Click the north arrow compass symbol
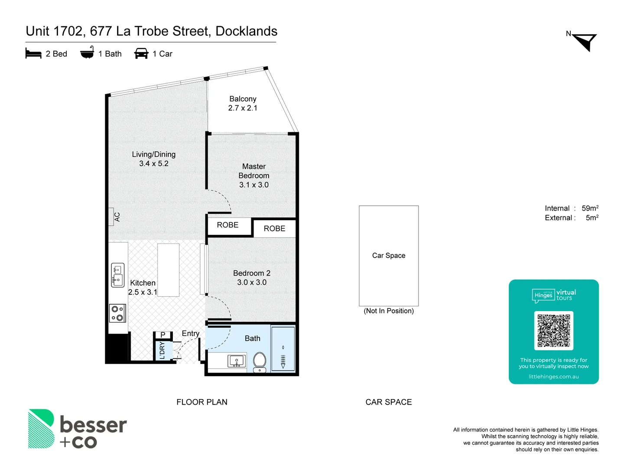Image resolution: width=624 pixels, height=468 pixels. point(585,42)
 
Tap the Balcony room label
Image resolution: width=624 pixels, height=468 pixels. point(243,99)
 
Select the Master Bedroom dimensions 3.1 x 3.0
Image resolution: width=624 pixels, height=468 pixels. point(254,185)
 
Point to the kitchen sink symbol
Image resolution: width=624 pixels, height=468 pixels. point(117,275)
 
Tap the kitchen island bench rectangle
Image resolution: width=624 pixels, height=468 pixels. point(168,270)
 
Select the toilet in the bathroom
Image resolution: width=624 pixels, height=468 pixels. point(260,361)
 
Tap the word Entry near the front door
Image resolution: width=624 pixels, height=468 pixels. point(191,333)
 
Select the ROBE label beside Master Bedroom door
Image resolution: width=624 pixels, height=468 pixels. point(227,225)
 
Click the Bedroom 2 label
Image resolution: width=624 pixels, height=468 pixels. point(252,273)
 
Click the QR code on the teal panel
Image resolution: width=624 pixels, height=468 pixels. point(554,331)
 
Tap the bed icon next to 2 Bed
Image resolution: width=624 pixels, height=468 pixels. point(33,53)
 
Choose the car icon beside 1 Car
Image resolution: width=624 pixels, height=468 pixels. point(141,53)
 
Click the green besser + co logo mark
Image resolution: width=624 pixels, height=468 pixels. point(41,429)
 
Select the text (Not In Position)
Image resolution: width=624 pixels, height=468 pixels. point(389,311)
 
